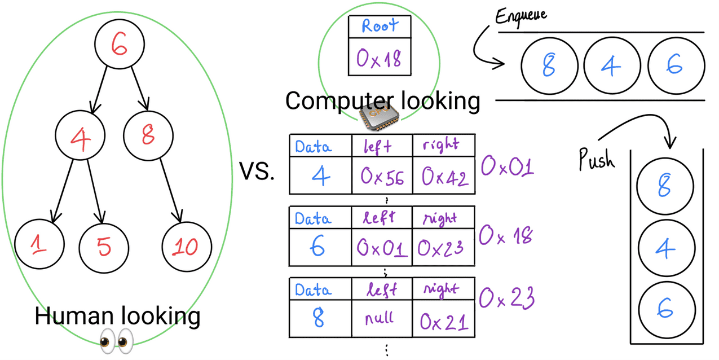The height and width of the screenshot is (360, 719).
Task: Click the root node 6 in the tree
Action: click(119, 45)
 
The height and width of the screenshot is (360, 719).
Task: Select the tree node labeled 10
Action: click(187, 247)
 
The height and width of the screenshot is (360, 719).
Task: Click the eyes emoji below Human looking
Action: click(116, 341)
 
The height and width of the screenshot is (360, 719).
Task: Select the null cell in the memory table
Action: click(382, 318)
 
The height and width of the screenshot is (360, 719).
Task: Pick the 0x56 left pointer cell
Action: click(382, 177)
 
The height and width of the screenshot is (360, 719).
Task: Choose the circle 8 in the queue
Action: click(549, 67)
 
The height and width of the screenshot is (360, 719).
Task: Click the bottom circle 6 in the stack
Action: click(666, 309)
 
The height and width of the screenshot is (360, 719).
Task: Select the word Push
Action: click(597, 160)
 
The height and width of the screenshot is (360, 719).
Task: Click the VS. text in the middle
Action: click(257, 172)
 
